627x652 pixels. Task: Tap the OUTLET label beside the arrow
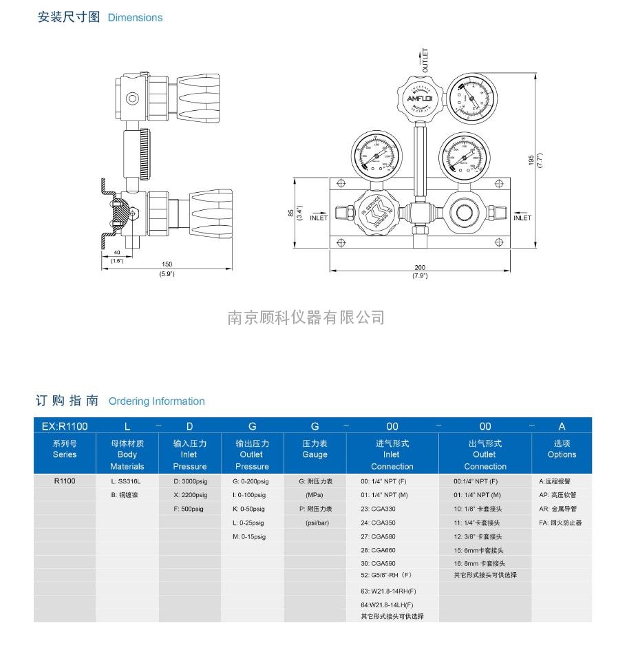pos(425,61)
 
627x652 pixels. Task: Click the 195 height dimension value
pos(530,159)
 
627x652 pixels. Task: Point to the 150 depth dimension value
pos(167,264)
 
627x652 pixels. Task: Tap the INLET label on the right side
pos(522,218)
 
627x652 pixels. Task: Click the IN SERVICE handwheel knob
pos(375,213)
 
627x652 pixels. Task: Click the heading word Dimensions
pos(136,17)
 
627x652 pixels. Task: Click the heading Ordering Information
pos(157,401)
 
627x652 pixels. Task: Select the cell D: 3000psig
pos(190,481)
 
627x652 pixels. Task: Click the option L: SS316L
pos(126,481)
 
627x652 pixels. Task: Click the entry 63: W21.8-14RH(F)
pos(388,591)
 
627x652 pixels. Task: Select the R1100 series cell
pos(65,481)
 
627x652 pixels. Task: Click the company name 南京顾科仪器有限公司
pos(306,317)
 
